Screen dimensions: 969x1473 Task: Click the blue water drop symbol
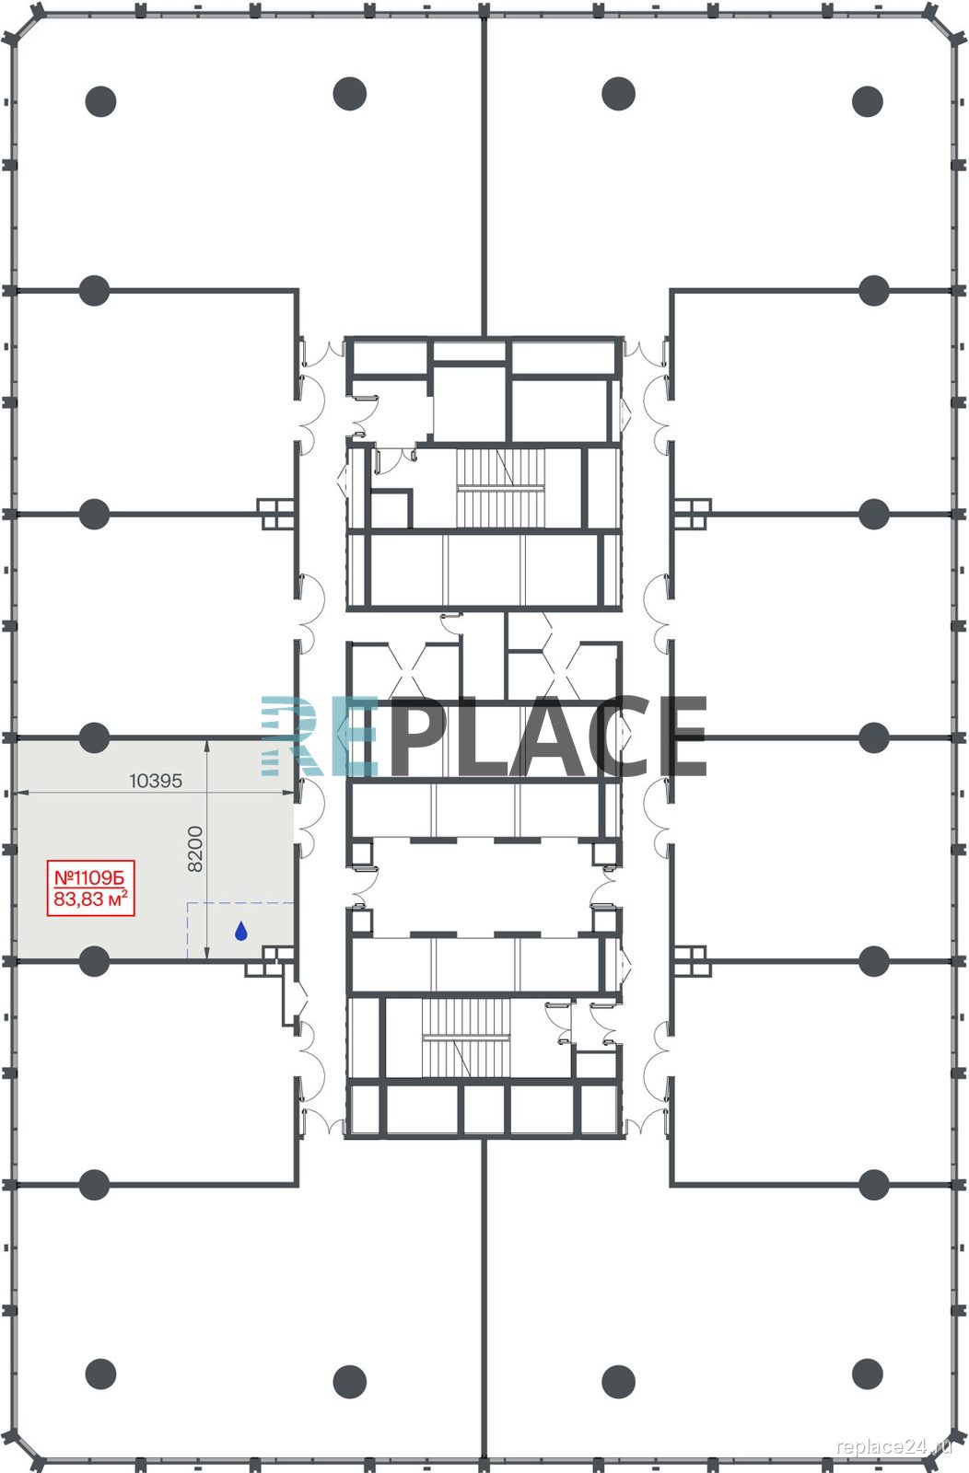click(240, 931)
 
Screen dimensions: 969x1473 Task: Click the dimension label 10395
click(156, 781)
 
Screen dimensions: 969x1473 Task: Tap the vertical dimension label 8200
click(195, 849)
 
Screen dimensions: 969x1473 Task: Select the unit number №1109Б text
click(88, 876)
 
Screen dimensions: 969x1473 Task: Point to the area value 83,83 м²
click(90, 899)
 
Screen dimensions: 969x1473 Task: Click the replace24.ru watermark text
click(894, 1446)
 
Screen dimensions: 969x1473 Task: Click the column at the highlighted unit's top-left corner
click(94, 737)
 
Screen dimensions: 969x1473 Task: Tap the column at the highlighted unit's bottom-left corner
click(94, 961)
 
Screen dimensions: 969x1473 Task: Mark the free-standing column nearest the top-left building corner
click(100, 101)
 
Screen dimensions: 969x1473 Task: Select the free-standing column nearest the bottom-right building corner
click(867, 1374)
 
